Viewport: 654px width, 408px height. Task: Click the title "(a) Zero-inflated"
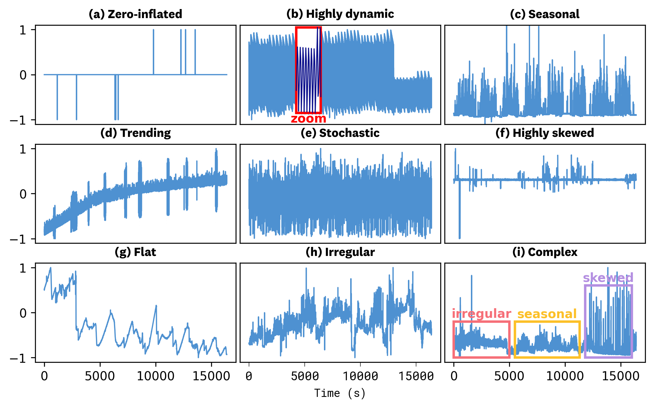pos(135,14)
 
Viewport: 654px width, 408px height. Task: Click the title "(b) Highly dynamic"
pos(340,14)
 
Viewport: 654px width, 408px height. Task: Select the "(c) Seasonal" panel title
pos(545,14)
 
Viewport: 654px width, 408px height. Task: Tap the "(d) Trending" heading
pos(135,133)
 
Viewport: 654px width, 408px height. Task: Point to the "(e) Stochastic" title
pos(340,133)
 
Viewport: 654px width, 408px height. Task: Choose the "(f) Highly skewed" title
pos(545,133)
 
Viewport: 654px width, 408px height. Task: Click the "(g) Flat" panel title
pos(135,252)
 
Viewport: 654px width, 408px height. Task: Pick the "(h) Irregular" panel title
pos(340,252)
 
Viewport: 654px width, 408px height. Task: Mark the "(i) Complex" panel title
pos(545,252)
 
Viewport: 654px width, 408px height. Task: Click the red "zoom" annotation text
pos(308,118)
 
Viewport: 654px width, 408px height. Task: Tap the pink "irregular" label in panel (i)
pos(481,314)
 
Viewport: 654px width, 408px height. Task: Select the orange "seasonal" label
pos(547,314)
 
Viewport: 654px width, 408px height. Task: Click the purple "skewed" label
pos(608,278)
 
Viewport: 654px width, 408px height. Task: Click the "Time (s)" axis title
pos(340,393)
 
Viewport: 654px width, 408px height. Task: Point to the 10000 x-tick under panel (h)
pos(360,376)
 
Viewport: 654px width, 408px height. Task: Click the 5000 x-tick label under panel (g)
pos(100,376)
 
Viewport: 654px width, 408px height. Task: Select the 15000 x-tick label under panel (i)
pos(620,376)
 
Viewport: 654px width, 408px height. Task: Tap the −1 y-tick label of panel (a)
pos(19,120)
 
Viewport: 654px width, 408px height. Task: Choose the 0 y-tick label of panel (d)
pos(23,194)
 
